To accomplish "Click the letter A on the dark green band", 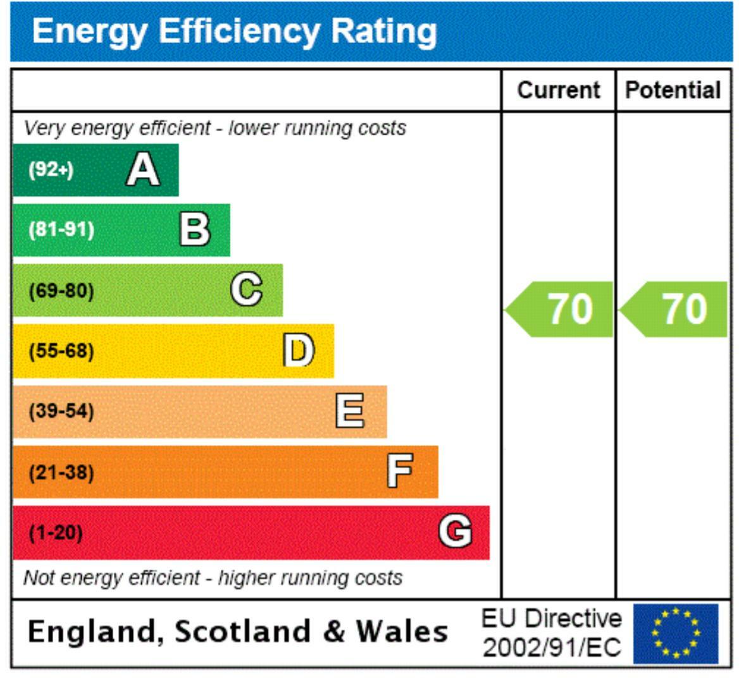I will (143, 170).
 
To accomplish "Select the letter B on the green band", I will (194, 229).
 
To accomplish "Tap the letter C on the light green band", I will (246, 290).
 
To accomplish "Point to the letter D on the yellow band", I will (298, 351).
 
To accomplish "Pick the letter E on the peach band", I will (350, 411).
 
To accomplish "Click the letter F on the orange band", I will (400, 471).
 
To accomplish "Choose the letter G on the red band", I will (456, 532).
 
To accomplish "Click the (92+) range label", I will (51, 169).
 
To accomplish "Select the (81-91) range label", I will (61, 229).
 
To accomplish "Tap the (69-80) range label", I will (61, 291).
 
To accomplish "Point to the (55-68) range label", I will (61, 351).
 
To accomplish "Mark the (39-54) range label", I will (61, 411).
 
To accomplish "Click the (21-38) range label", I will (61, 472).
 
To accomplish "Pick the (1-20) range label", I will (56, 532).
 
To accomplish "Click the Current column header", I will (558, 90).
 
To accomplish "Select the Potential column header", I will (673, 90).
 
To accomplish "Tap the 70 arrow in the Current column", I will (561, 309).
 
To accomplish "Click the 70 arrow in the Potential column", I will (675, 309).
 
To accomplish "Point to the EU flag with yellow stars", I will (676, 633).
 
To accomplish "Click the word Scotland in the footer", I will (242, 632).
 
